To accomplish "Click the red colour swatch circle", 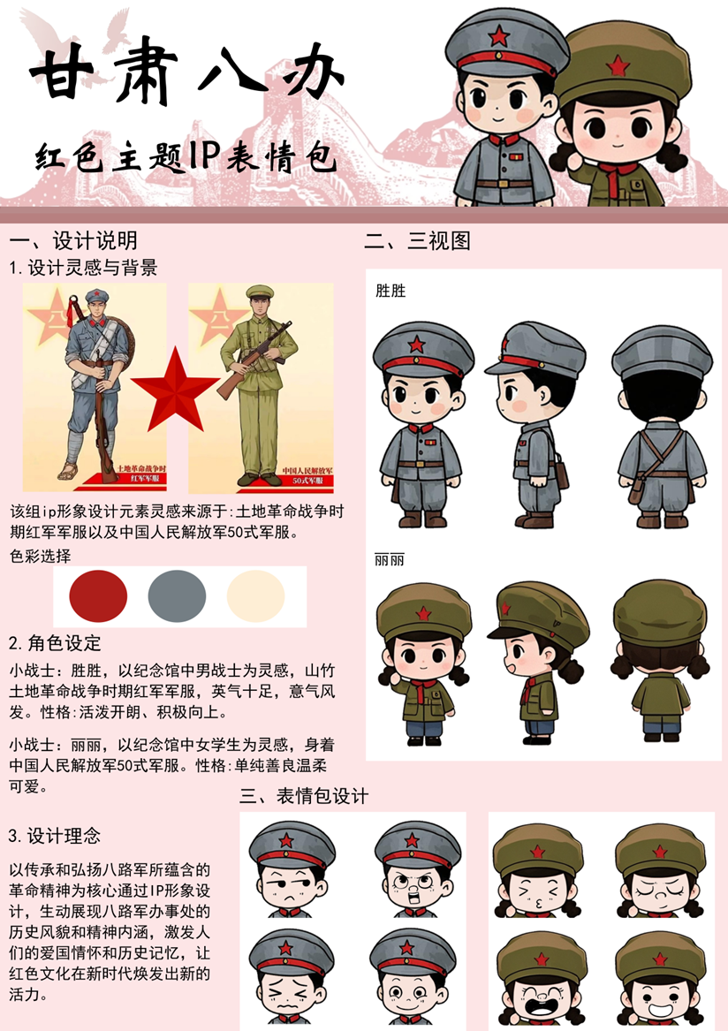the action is (98, 596).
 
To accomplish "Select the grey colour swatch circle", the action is (177, 596).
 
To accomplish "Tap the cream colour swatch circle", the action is (256, 596).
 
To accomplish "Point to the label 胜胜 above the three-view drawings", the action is (391, 291).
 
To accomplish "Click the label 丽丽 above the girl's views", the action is (390, 559).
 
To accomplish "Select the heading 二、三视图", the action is (418, 240).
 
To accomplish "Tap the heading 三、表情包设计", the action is (304, 796).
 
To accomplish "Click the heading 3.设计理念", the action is (55, 836).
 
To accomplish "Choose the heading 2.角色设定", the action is (56, 642).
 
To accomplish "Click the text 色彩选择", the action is (40, 557).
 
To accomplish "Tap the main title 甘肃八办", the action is (187, 73).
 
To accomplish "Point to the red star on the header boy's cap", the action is (500, 35).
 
